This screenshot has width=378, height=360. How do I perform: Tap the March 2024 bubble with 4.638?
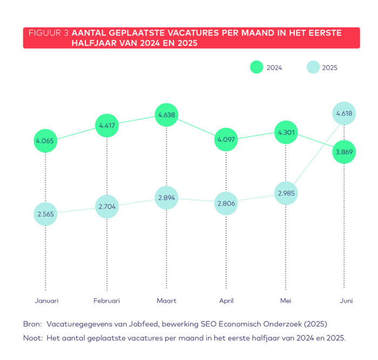[x=166, y=115]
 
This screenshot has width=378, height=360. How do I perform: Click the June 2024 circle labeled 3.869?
[x=345, y=152]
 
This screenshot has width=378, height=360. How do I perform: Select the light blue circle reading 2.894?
[x=166, y=198]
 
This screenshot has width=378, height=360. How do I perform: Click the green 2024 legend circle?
[x=256, y=68]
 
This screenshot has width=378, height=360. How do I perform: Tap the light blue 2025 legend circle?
[x=313, y=68]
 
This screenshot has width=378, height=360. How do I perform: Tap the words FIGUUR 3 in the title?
[x=49, y=33]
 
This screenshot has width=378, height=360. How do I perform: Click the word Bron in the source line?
[x=32, y=324]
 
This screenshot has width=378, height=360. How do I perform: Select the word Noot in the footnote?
[x=32, y=338]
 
